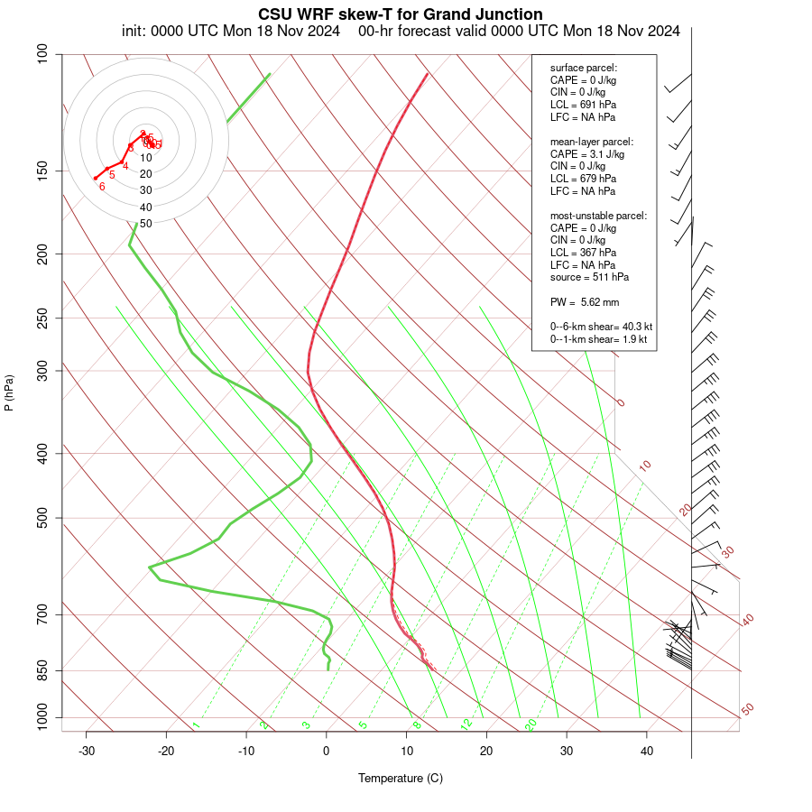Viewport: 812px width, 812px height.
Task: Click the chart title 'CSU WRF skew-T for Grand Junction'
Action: (x=401, y=14)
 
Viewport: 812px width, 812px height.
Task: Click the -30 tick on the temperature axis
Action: (x=87, y=751)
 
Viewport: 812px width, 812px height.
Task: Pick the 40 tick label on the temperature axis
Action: (x=647, y=751)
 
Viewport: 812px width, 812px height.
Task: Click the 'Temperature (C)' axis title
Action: (x=401, y=778)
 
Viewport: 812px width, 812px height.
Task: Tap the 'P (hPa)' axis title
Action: (x=9, y=392)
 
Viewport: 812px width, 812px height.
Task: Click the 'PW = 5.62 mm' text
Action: (x=585, y=301)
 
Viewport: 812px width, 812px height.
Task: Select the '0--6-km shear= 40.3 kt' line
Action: (x=601, y=327)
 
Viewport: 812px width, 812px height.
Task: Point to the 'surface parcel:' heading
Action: (x=584, y=68)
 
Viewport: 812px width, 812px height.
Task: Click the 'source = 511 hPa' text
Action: (x=589, y=277)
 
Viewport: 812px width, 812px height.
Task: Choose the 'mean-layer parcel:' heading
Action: (x=592, y=142)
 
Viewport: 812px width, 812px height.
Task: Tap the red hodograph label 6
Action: (x=102, y=187)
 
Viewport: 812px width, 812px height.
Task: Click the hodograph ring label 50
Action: (x=145, y=223)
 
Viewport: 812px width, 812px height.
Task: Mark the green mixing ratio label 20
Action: (x=531, y=724)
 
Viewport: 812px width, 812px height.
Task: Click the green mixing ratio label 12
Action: (x=466, y=724)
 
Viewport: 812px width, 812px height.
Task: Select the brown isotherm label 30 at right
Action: (x=728, y=551)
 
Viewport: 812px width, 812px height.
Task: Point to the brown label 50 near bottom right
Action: (x=747, y=710)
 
